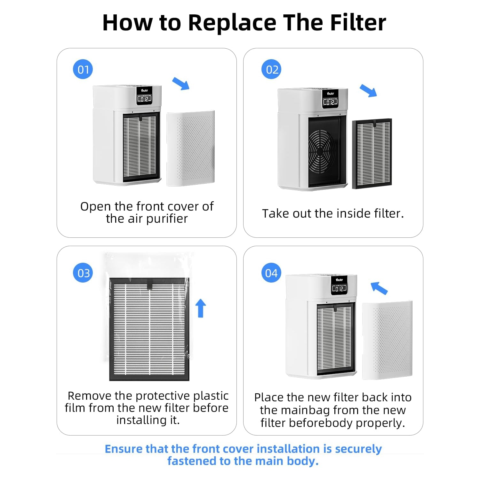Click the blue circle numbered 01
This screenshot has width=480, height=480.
(83, 69)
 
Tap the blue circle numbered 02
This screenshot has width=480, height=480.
(271, 69)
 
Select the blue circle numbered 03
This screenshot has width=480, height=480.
(83, 273)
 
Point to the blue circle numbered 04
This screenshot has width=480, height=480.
(271, 273)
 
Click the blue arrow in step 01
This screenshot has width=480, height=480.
(181, 84)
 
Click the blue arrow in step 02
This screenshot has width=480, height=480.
(368, 91)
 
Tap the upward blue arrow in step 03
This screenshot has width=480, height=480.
(201, 308)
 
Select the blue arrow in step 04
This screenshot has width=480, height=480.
(379, 288)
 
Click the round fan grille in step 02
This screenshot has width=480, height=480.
(322, 151)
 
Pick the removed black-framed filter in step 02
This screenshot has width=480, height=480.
(372, 154)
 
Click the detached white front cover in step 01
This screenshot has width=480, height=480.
(191, 148)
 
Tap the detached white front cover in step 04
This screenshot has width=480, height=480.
(387, 340)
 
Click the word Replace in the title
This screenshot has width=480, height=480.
(232, 23)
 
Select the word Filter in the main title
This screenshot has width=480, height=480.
(358, 23)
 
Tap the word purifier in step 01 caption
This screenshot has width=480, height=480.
(167, 219)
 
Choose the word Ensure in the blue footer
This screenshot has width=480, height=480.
(124, 449)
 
